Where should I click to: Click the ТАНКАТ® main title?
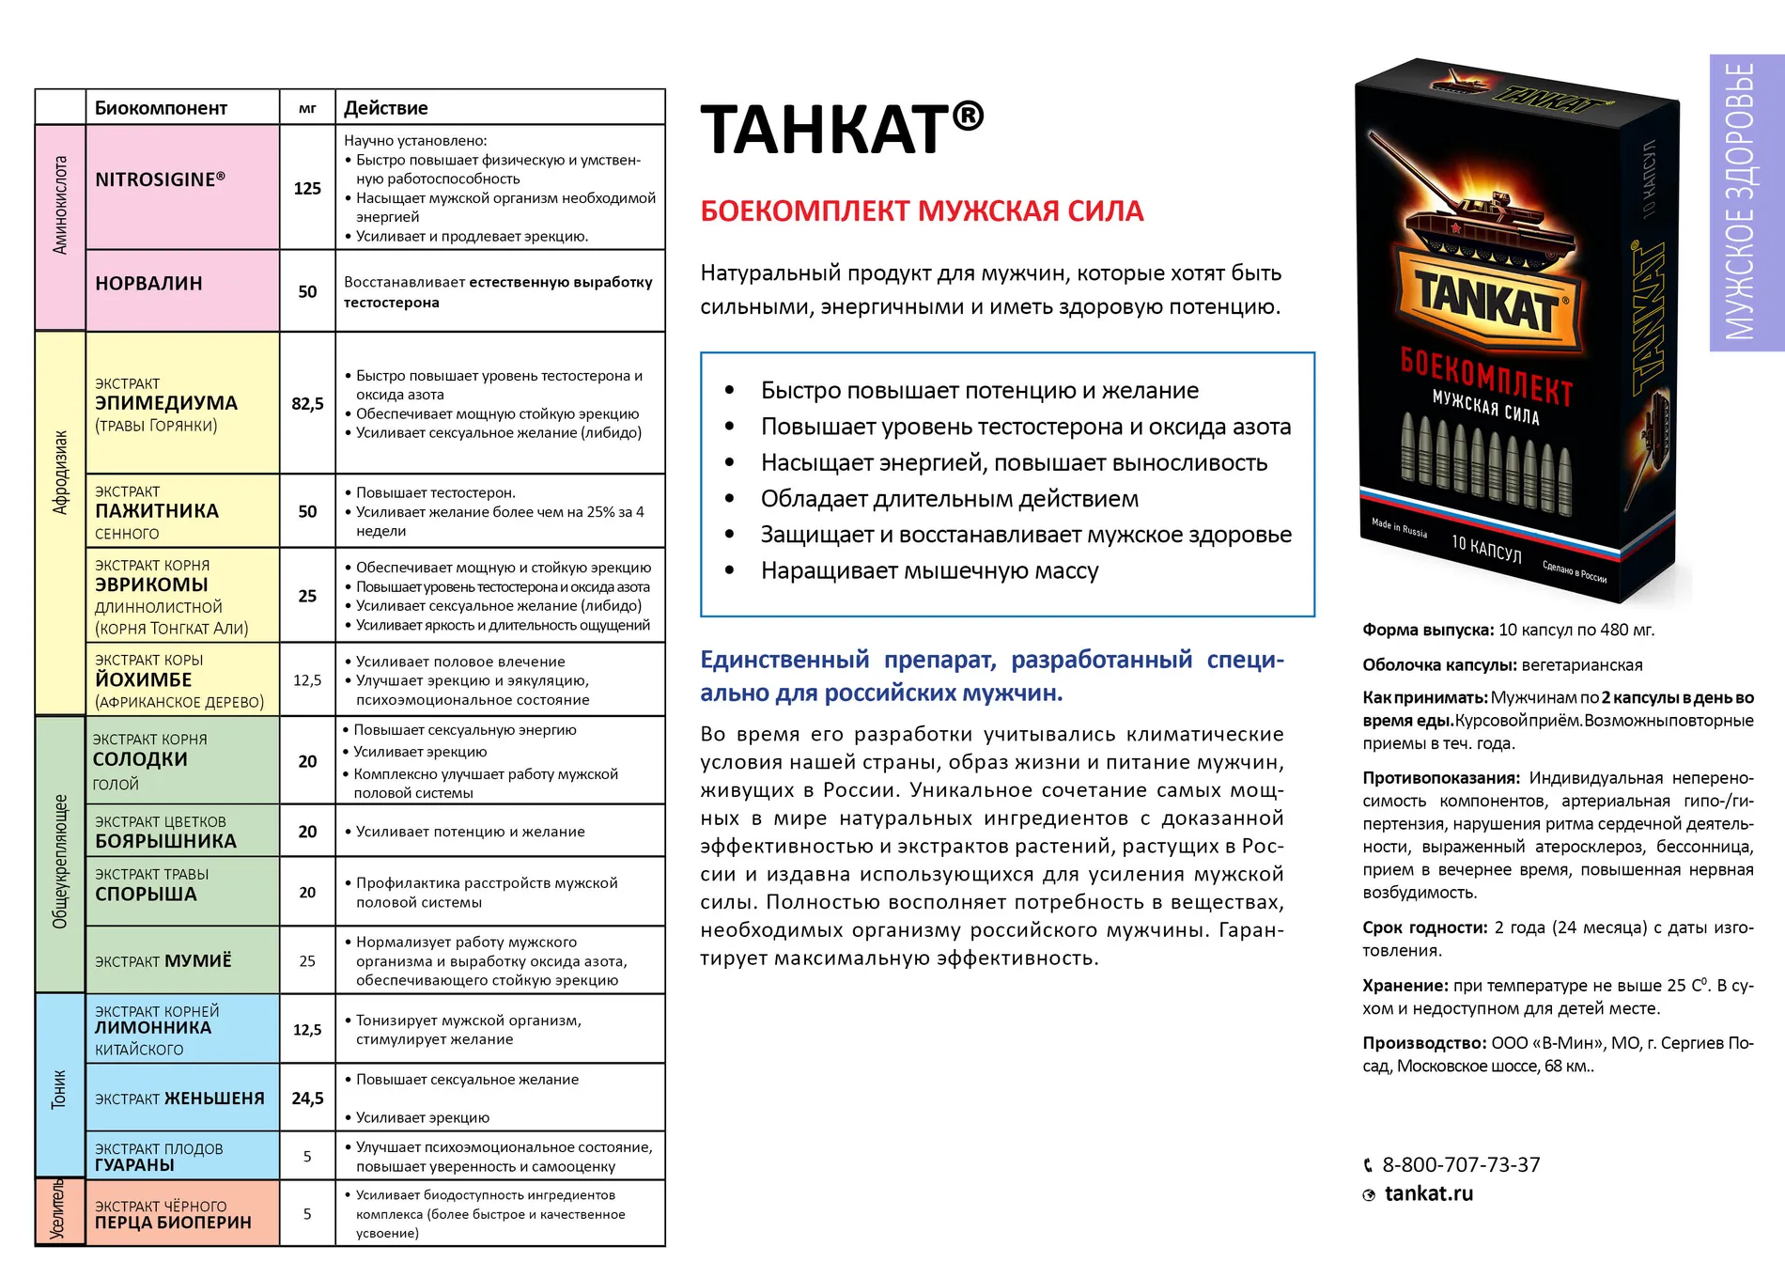coord(842,129)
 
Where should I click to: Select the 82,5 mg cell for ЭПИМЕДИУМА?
coord(307,404)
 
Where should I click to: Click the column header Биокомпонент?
coord(161,108)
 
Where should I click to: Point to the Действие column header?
coord(385,108)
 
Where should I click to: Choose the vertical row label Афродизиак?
coord(60,473)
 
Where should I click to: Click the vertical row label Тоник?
coord(59,1088)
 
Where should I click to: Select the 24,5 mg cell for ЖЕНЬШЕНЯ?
coord(307,1098)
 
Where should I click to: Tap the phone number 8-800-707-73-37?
coord(1460,1165)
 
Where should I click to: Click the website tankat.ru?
coord(1428,1194)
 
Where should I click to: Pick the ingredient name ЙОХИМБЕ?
coord(143,680)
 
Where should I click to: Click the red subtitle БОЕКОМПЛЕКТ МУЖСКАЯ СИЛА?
coord(922,211)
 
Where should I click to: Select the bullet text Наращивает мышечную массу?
coord(929,571)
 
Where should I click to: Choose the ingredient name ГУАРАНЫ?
coord(134,1165)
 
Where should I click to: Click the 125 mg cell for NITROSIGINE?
coord(307,189)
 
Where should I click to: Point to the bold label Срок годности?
coord(1424,927)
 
